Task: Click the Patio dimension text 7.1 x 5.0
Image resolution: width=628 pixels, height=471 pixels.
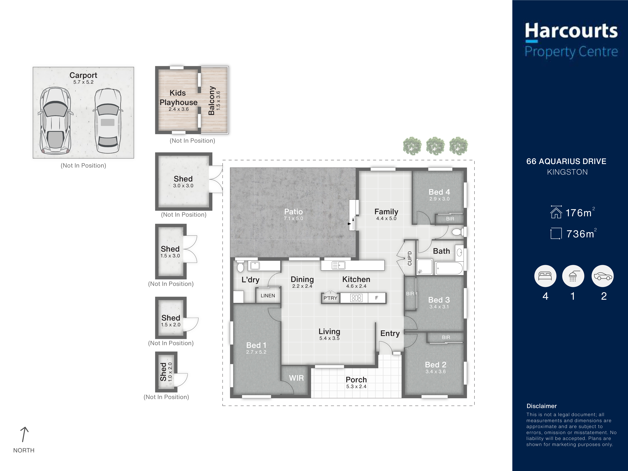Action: coord(294,218)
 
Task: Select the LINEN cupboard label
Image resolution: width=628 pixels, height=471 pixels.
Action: coord(268,296)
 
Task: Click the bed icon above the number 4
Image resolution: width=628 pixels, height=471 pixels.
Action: coord(545,276)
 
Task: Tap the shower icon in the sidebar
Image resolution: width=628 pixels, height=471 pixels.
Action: coord(573,276)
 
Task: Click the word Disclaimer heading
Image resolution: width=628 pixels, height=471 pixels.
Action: coord(541,406)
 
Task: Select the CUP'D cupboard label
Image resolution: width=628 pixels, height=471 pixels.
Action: coord(409,258)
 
